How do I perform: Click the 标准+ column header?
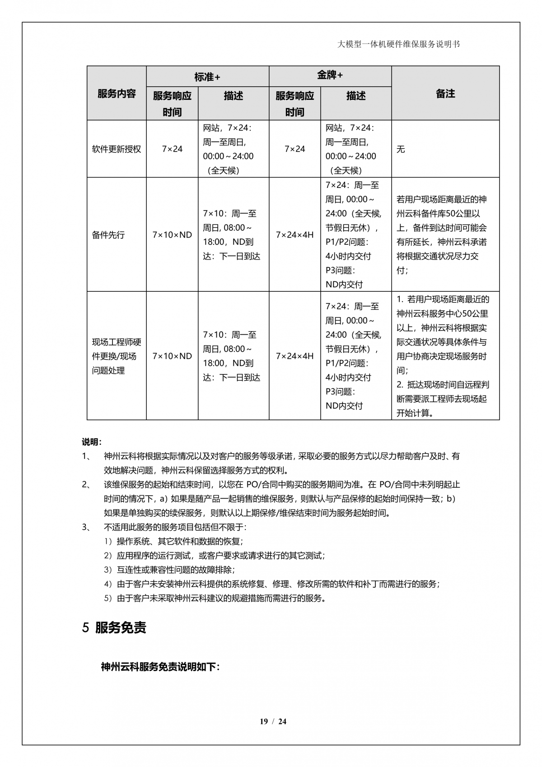pos(207,76)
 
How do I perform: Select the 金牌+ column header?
pos(330,75)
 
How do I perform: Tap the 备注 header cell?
pos(445,94)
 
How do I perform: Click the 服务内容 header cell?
pos(117,94)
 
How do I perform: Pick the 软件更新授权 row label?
pos(117,149)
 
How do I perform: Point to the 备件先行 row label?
pos(108,235)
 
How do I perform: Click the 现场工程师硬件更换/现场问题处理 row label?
pos(117,356)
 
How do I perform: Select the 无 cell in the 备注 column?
pos(401,149)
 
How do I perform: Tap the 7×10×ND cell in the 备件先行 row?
pos(172,235)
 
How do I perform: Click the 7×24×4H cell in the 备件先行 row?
pos(294,235)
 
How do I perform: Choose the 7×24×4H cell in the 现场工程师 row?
pos(294,356)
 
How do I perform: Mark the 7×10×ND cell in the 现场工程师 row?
pos(172,356)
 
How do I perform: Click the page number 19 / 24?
pos(273,721)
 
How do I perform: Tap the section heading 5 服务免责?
pos(114,628)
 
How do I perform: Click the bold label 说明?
pos(92,441)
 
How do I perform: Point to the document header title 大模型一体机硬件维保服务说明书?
pos(398,44)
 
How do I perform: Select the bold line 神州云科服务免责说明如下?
pos(160,667)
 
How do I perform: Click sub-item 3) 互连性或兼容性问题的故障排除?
pos(169,570)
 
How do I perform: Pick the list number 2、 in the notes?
pos(86,485)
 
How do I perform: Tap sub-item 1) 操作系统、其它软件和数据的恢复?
pos(173,541)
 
